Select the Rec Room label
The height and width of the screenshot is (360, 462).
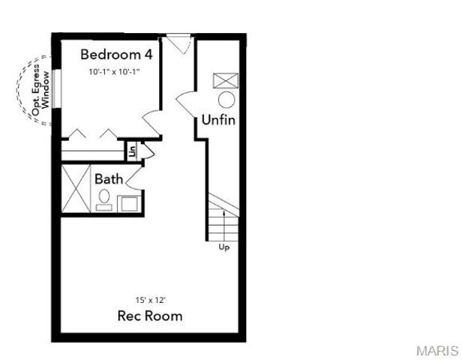(150, 316)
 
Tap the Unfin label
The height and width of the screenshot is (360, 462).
(220, 120)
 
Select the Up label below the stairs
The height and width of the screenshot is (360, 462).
(223, 247)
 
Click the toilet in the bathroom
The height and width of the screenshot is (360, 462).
(104, 198)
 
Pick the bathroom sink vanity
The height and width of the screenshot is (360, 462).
(127, 203)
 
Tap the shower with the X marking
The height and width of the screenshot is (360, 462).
(75, 189)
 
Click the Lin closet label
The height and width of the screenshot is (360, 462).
(132, 151)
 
